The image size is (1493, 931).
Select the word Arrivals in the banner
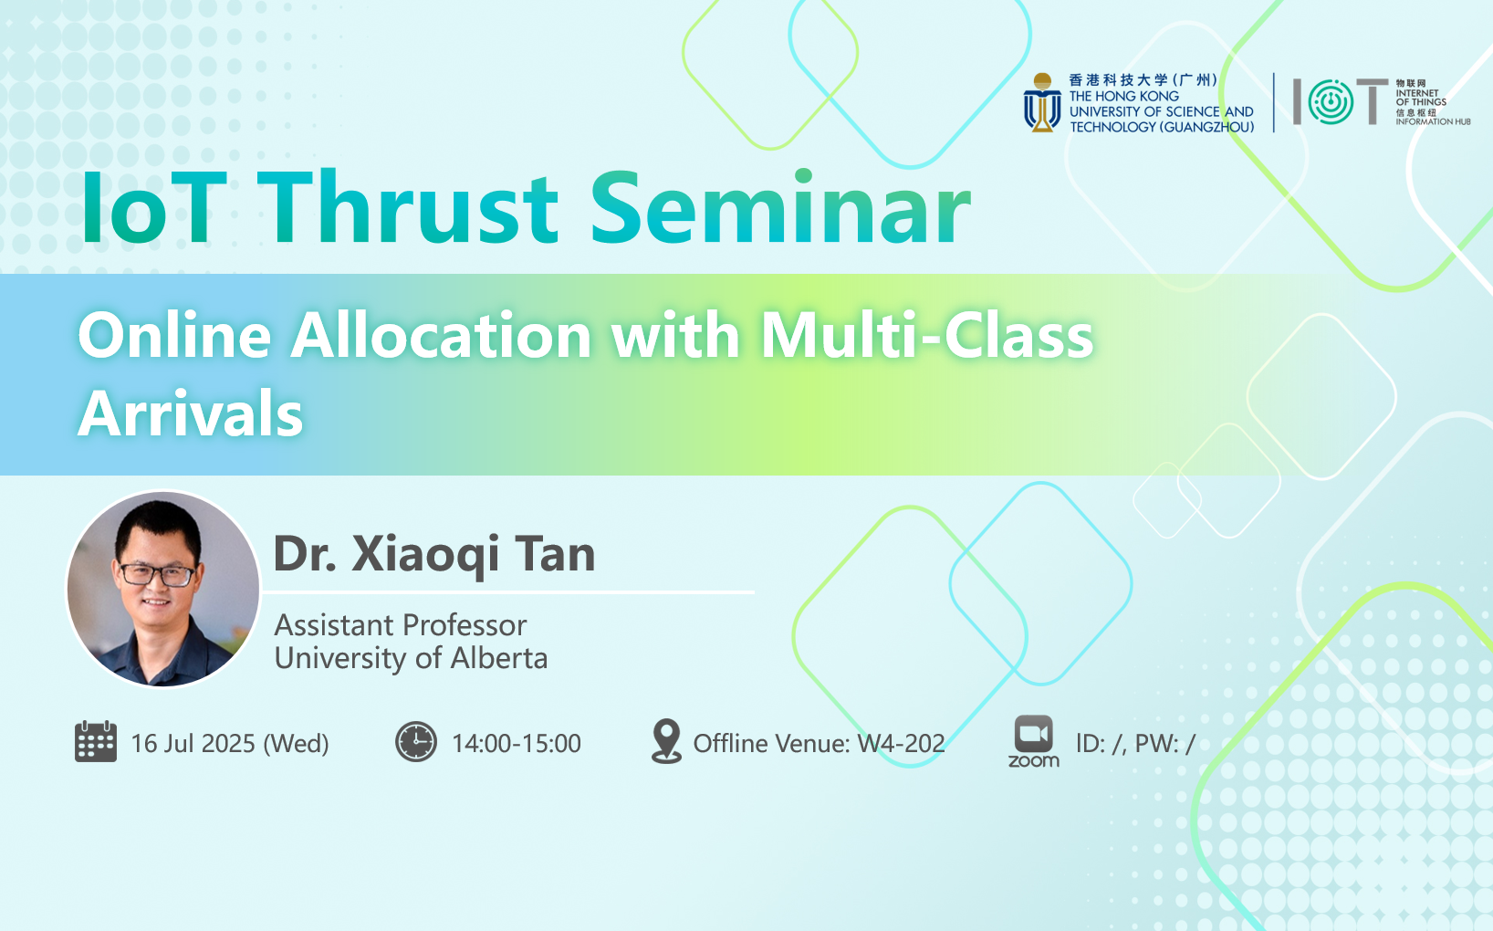point(191,413)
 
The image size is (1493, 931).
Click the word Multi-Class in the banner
point(927,335)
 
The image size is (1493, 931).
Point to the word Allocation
point(441,335)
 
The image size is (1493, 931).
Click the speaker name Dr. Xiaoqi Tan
point(433,554)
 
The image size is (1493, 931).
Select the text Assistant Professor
point(401,625)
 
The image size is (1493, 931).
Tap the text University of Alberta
point(412,658)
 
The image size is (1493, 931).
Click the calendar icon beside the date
point(96,741)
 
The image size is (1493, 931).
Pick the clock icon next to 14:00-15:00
point(416,741)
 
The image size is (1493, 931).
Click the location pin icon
point(666,741)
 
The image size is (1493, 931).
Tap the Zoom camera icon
point(1034,734)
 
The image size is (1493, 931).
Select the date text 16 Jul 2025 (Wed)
point(230,744)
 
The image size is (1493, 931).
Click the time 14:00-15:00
point(517,744)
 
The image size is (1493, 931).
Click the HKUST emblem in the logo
point(1042,102)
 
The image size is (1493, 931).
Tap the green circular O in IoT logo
point(1331,102)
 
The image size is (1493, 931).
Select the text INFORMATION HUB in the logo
point(1433,122)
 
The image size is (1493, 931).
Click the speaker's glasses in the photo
point(157,574)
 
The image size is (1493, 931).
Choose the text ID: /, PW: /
point(1136,744)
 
